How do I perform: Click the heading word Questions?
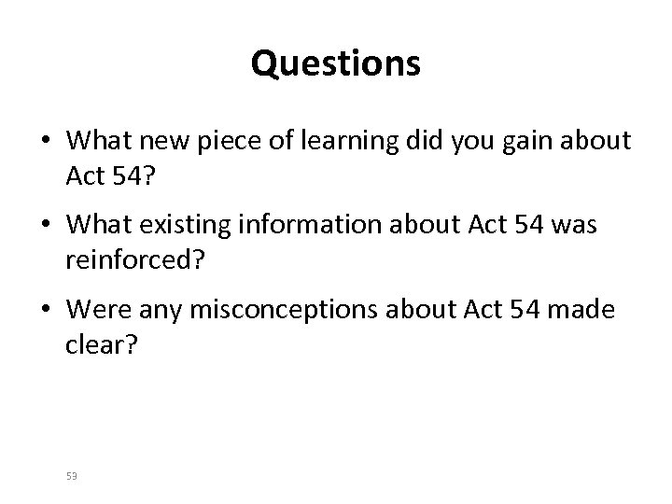coord(336,64)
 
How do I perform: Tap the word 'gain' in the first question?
coord(524,142)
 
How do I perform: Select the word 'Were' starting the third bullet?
coord(92,310)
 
